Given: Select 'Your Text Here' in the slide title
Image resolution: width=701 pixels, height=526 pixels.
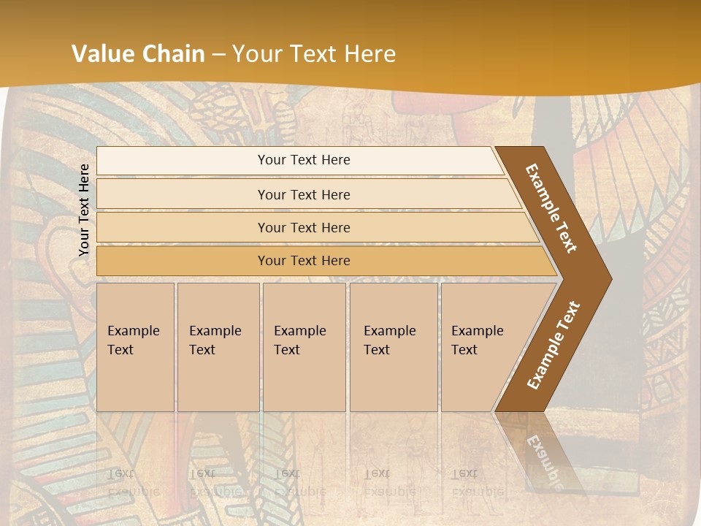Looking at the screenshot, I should (x=314, y=54).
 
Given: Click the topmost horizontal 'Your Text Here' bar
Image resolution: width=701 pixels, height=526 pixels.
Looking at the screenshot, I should (x=303, y=160).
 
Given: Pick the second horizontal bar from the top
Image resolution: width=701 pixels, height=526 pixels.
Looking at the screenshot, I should (x=303, y=194).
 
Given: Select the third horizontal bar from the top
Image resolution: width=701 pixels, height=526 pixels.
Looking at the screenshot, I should (x=303, y=227).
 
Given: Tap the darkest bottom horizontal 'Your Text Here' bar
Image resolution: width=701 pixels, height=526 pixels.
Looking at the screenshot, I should (x=303, y=261).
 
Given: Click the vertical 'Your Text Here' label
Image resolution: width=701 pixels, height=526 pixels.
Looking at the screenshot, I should (x=84, y=210).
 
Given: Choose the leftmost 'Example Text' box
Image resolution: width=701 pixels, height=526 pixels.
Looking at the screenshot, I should (x=135, y=347).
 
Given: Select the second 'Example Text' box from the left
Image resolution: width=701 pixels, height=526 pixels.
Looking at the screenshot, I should (x=218, y=347).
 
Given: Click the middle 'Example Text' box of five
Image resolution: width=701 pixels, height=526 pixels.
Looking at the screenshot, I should (x=304, y=347).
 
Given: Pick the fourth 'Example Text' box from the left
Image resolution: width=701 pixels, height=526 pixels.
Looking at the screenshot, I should (x=394, y=347).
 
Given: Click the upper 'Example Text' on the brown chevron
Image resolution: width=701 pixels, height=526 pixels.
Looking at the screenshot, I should (x=551, y=207).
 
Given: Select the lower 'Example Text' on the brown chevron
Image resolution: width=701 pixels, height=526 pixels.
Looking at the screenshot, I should (x=553, y=345).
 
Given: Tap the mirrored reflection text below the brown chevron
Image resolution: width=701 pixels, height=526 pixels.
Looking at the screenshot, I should (x=544, y=457).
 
